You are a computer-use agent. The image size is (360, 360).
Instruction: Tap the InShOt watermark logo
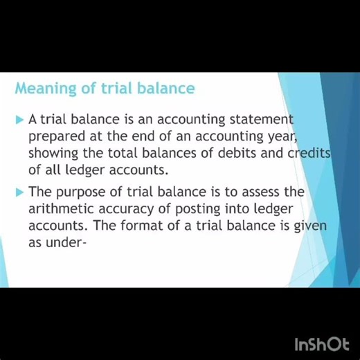[321, 343]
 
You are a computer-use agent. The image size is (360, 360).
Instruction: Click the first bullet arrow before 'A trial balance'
[19, 120]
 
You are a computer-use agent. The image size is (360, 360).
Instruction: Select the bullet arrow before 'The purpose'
[19, 192]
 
